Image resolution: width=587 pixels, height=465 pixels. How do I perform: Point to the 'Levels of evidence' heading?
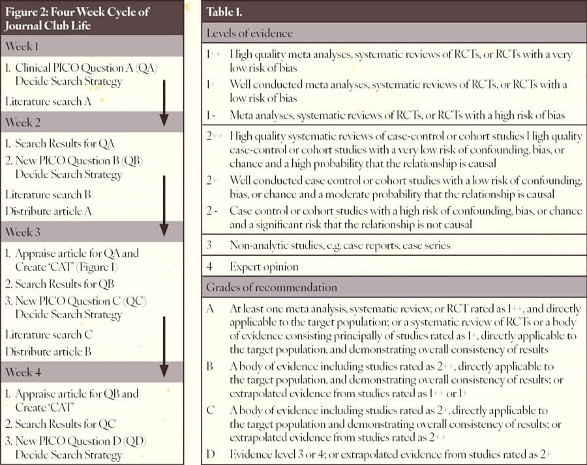250,33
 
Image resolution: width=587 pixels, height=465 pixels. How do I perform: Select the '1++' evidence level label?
213,55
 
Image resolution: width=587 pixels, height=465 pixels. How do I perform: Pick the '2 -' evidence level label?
213,211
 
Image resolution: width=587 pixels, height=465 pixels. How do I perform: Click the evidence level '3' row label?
209,245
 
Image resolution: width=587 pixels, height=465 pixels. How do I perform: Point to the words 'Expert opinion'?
264,267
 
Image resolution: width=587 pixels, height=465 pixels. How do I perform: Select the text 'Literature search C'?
50,335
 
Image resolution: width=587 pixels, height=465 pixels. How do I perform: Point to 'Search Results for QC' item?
65,423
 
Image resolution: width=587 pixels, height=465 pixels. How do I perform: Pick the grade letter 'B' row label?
210,366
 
